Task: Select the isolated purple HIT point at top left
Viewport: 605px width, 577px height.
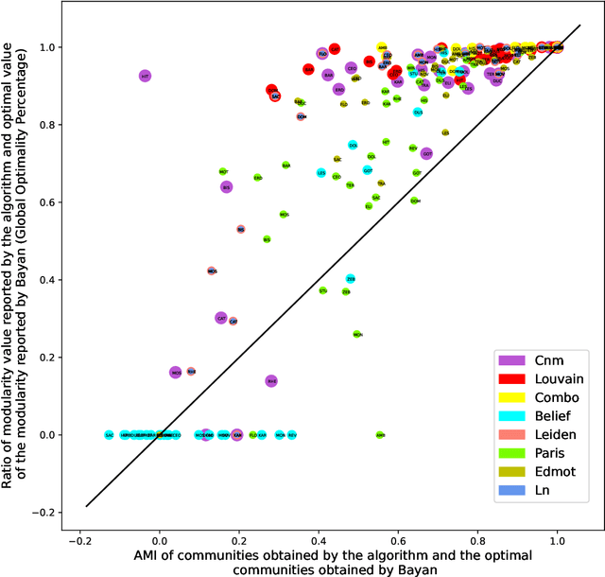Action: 145,75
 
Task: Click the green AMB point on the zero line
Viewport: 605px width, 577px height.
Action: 380,435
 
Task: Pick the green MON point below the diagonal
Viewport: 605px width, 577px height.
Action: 357,334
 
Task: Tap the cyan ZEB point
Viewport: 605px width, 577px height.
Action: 351,279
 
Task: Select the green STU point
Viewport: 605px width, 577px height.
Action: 323,290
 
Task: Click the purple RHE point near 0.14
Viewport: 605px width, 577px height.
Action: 271,380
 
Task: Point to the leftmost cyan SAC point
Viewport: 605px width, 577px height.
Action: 110,435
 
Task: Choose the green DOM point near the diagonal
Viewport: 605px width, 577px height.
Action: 415,201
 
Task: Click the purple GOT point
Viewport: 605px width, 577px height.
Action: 426,153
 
